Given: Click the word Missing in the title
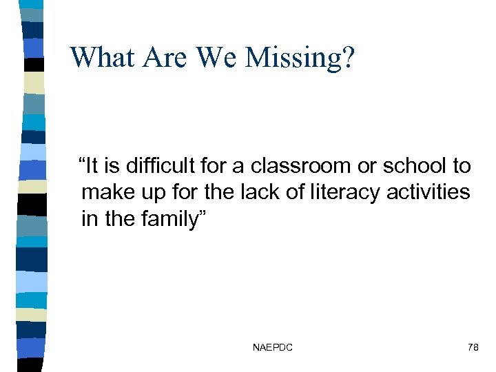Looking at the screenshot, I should coord(301,57).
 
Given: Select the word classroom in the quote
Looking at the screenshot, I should coord(304,166).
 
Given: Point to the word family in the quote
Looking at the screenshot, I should coord(172,220).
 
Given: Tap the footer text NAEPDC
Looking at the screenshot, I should coord(272,348).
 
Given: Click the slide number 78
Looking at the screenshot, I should coord(473,348).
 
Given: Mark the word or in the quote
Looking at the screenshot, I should coord(366,166).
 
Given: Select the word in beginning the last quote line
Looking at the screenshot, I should coord(90,218).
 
